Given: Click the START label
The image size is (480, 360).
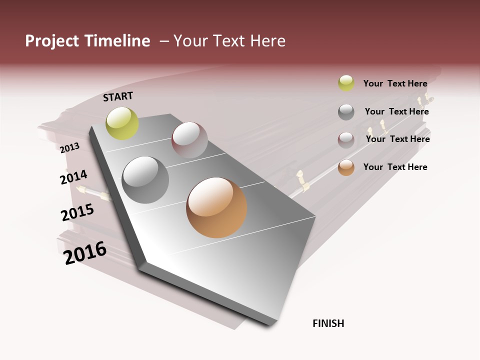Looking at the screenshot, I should click(118, 96).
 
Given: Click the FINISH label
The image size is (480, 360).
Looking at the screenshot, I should click(328, 323).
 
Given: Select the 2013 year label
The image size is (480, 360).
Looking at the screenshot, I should click(69, 148).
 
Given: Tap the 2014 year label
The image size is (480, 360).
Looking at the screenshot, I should click(73, 177).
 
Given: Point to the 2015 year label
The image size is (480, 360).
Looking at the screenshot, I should click(77, 212).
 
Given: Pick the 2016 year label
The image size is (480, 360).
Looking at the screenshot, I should click(85, 253).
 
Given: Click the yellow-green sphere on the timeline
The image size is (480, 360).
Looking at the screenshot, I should click(122, 123).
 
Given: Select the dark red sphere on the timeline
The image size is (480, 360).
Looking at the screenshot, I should click(189, 139).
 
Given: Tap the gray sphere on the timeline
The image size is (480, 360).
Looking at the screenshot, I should click(145, 179).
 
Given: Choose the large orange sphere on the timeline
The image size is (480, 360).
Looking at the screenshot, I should click(216, 207).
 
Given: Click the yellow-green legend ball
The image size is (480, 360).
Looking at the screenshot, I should click(346, 83).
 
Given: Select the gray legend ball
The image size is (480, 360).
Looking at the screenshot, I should click(346, 112).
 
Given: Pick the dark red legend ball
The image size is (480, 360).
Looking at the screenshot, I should click(346, 140).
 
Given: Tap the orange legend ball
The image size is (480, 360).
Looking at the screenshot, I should click(346, 167).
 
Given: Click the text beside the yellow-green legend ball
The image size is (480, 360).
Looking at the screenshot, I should click(395, 83).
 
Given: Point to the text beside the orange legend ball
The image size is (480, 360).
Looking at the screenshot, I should click(395, 167).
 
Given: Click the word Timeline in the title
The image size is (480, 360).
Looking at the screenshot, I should click(117, 41).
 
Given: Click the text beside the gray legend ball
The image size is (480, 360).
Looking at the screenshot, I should click(396, 111).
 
